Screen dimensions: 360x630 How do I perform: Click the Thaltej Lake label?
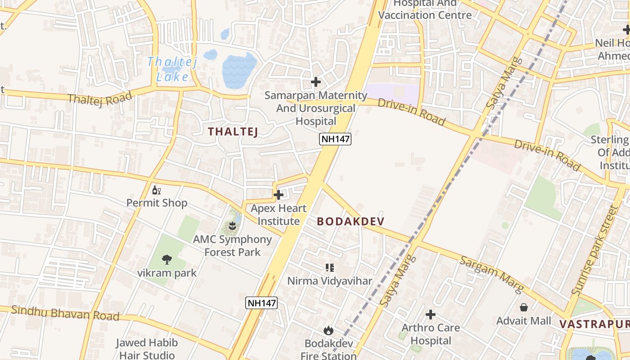[x=172, y=69]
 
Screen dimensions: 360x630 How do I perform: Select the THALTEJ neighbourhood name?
[x=233, y=132]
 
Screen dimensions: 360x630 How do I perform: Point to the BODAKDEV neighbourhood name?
[x=351, y=221]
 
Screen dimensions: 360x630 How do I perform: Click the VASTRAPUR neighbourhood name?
[x=594, y=324]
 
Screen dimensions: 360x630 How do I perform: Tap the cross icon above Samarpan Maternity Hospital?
[x=316, y=82]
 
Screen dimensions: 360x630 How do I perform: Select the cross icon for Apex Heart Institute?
[x=279, y=195]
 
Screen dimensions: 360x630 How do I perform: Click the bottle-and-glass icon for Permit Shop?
[x=157, y=190]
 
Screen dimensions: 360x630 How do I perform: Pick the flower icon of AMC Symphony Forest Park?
[x=232, y=225]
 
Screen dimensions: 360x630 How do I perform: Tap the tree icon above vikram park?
[x=167, y=259]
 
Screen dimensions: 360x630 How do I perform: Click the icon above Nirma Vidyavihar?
[x=330, y=268]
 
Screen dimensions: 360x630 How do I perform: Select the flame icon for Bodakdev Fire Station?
[x=328, y=330]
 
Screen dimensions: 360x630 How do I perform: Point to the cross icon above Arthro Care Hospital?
[x=431, y=314]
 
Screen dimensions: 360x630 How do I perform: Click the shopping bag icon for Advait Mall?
[x=524, y=307]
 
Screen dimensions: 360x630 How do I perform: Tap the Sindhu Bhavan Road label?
[x=65, y=313]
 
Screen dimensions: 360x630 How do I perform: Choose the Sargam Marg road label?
[x=491, y=274]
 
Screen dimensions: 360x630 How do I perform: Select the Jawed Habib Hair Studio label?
[x=147, y=349]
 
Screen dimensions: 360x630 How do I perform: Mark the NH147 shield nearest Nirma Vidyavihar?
[x=261, y=303]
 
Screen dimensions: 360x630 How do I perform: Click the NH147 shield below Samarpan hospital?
[x=335, y=139]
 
